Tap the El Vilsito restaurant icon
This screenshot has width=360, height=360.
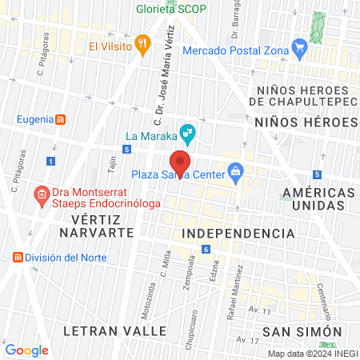pyautogui.click(x=142, y=45)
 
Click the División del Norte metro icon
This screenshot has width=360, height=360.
pyautogui.click(x=18, y=258)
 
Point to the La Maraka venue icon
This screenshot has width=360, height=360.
pyautogui.click(x=187, y=130)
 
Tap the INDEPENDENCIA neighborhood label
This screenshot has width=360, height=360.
pyautogui.click(x=238, y=233)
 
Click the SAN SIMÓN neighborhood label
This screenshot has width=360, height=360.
pyautogui.click(x=302, y=330)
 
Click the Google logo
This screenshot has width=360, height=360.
pyautogui.click(x=26, y=350)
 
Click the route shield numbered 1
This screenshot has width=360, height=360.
pyautogui.click(x=50, y=161)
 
